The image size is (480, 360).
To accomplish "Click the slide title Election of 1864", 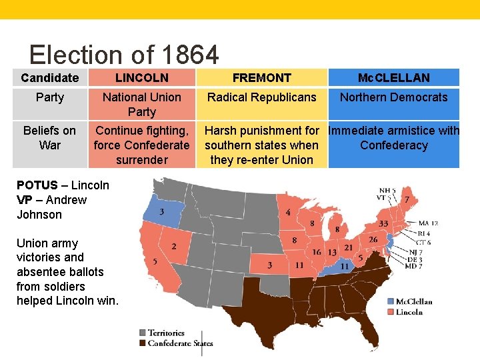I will click(x=124, y=55).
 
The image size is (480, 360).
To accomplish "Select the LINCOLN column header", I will click(x=142, y=78).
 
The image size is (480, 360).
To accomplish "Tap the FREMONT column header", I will click(x=261, y=78).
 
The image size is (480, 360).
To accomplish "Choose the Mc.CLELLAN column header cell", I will click(x=394, y=78).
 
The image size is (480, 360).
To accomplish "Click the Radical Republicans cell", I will click(x=261, y=97).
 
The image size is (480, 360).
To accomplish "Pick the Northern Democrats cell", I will click(x=394, y=97).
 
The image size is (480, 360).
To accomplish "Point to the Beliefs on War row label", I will click(x=50, y=138).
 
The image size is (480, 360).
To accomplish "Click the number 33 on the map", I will click(x=383, y=224).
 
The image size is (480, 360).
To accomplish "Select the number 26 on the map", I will click(x=373, y=240).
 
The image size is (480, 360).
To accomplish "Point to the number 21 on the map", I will click(x=349, y=247).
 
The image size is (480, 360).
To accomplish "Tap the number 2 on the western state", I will click(x=174, y=247).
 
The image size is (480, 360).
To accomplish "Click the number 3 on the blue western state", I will click(x=162, y=212).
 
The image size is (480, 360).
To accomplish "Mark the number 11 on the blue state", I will click(x=345, y=266).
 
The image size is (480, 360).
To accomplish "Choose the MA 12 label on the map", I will click(x=427, y=223).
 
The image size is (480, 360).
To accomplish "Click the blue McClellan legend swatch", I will click(x=390, y=301).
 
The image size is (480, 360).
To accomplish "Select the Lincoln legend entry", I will click(x=409, y=311).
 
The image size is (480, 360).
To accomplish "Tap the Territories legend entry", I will click(x=166, y=333).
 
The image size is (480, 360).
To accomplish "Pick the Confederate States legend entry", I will click(x=180, y=343).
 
